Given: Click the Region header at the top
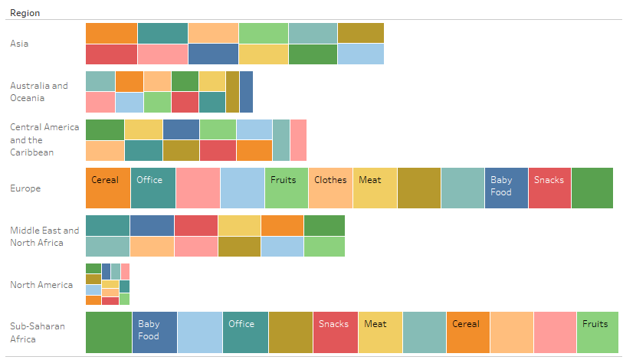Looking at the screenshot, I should [x=25, y=13].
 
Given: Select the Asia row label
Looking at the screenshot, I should [x=19, y=44].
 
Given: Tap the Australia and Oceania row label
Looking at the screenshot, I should [x=39, y=92].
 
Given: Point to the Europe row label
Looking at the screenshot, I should [x=25, y=188].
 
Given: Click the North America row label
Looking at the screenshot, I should [x=41, y=285].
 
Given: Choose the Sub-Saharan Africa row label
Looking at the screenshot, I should [x=38, y=332].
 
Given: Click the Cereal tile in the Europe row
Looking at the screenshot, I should [x=108, y=188].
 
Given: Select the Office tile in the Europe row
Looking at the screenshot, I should [x=152, y=188].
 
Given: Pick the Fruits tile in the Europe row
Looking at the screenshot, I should [x=286, y=188].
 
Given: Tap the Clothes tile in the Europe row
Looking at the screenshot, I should [x=330, y=188].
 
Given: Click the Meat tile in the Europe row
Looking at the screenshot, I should [x=375, y=188].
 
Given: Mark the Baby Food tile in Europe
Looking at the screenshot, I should [x=507, y=188].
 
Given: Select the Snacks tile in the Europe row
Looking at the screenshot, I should [x=549, y=188].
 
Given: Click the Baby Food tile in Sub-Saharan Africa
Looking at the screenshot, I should [x=154, y=332].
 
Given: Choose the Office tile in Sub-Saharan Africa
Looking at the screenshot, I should [x=245, y=332].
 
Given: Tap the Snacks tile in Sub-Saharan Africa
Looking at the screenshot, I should [x=335, y=332].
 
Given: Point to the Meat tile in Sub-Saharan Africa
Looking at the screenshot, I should [x=379, y=332].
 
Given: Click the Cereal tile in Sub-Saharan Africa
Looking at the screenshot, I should [x=468, y=332].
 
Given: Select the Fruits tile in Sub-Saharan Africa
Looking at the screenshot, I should [x=597, y=332].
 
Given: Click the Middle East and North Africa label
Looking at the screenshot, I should [x=44, y=237].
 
